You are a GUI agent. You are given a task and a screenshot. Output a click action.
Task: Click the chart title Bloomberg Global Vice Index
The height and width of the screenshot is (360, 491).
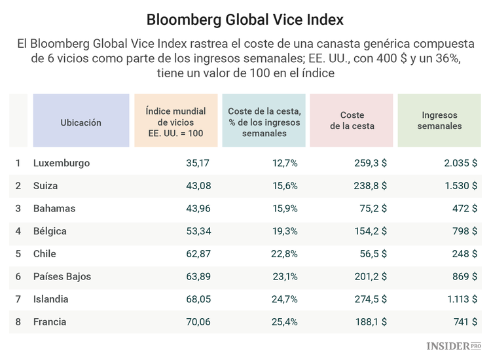[x=245, y=20]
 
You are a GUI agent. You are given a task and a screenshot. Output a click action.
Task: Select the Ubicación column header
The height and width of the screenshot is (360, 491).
[x=81, y=122]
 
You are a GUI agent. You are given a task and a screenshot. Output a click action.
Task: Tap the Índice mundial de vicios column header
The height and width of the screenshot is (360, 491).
[x=175, y=122]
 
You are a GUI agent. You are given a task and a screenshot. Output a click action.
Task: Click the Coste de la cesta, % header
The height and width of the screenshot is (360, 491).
[x=264, y=122]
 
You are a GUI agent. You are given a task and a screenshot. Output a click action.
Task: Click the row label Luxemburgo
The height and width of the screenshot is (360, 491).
[x=62, y=163]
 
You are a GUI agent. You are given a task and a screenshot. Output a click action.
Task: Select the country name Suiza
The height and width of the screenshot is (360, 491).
[x=46, y=186]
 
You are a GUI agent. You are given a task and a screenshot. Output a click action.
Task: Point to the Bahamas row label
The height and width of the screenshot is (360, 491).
[x=54, y=209]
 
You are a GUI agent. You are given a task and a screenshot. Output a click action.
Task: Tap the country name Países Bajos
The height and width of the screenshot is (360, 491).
[x=62, y=277]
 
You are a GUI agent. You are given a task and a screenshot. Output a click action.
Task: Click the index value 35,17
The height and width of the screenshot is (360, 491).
[x=198, y=163]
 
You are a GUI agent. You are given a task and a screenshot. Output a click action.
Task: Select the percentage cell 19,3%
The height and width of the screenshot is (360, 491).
[x=285, y=231]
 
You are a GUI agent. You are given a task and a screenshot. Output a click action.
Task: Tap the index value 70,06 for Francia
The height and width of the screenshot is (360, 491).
[x=198, y=322]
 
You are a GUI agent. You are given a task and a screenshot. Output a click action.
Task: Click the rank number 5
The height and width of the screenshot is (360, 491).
[x=18, y=254]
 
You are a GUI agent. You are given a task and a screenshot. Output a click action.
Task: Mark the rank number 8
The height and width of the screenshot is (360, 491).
[x=18, y=322]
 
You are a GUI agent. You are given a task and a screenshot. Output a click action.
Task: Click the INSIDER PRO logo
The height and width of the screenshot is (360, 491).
[x=454, y=346]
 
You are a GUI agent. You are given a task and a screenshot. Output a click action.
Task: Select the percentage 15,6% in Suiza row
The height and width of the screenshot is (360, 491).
[x=285, y=186]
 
